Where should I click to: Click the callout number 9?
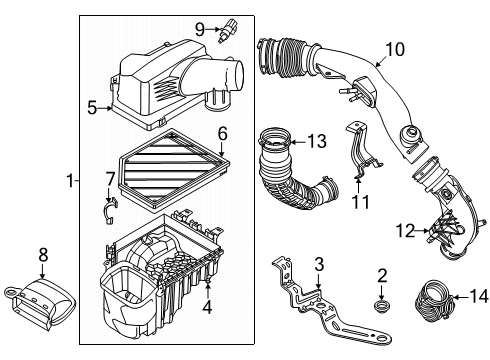[200, 27]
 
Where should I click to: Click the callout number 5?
[90, 107]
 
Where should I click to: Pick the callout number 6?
[223, 132]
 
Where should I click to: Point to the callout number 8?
[42, 256]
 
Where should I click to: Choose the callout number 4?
[208, 307]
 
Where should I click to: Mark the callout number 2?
[381, 274]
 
